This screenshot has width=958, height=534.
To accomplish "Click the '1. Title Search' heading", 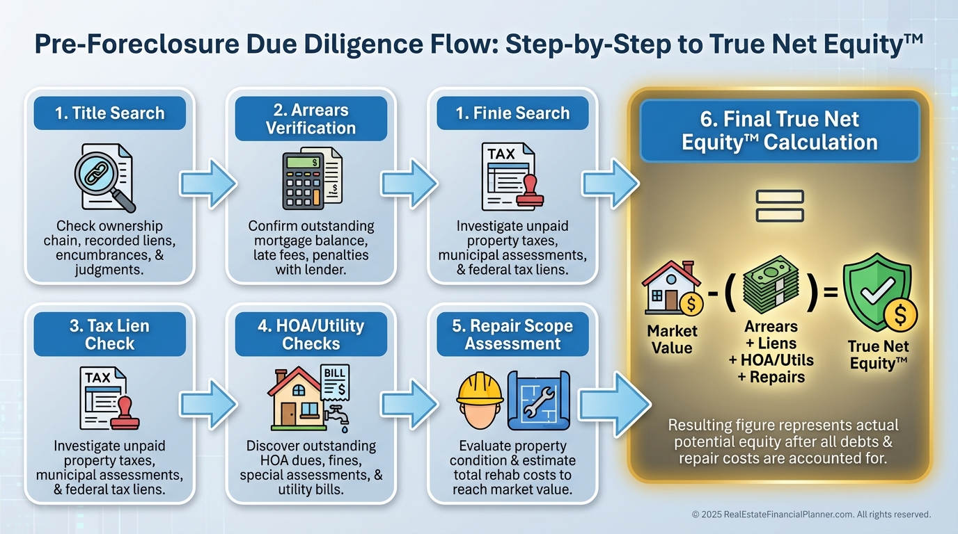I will (x=110, y=113).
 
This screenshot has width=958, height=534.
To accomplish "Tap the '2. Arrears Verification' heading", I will (x=311, y=118).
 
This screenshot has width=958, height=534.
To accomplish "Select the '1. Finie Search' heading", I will (x=512, y=113).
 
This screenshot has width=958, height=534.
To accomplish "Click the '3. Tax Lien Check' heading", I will (x=110, y=334).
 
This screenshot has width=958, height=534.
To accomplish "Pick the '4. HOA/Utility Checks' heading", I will (x=311, y=334).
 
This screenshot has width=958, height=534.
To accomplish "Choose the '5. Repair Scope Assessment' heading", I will (x=512, y=334).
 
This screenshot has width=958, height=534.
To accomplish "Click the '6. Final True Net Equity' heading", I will (x=780, y=131).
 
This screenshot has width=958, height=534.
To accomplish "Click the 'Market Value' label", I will (x=672, y=339).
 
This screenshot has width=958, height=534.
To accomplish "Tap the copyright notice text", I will (x=811, y=515).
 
